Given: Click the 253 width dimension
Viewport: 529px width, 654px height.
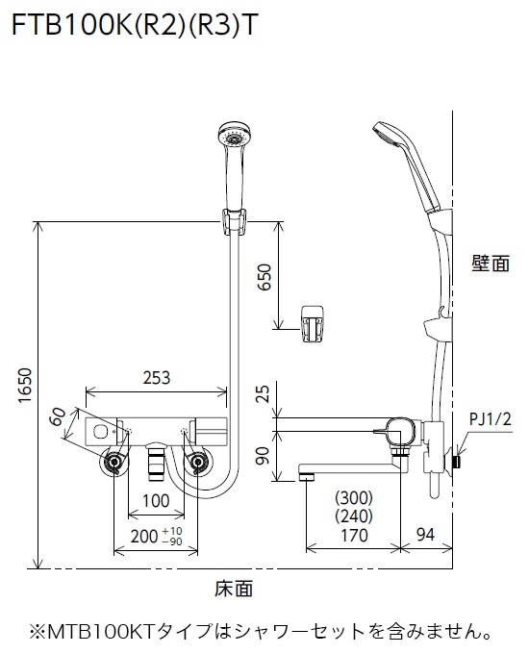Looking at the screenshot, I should pos(158,378).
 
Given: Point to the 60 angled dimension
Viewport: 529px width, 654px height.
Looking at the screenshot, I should pos(59,418).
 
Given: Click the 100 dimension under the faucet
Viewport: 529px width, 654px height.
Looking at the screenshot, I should pos(157,500).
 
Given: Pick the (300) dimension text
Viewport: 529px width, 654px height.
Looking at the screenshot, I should pos(353,498).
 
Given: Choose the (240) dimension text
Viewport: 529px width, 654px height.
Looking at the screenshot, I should pos(353,516).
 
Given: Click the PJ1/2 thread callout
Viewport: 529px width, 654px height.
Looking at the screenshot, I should pos(491,419).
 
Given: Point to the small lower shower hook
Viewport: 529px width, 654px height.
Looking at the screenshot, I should pos(313,321).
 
